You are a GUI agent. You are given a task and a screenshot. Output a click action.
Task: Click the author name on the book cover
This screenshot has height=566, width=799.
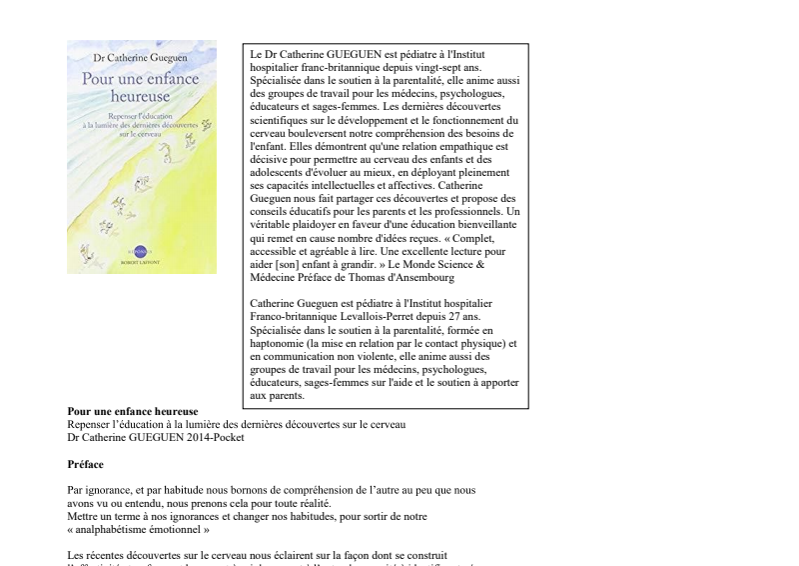click(141, 59)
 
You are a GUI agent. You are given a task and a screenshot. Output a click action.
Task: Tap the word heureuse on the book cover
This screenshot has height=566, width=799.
click(141, 97)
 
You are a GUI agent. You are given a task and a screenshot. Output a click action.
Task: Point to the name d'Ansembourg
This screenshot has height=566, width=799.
click(411, 278)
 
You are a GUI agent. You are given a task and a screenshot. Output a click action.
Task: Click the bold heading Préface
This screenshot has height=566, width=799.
click(85, 464)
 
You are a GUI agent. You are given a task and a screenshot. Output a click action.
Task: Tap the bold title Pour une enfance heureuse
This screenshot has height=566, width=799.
click(132, 411)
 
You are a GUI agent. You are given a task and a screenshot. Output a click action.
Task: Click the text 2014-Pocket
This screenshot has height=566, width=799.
click(213, 437)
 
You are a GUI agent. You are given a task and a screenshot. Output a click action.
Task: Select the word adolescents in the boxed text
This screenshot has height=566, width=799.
click(282, 172)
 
